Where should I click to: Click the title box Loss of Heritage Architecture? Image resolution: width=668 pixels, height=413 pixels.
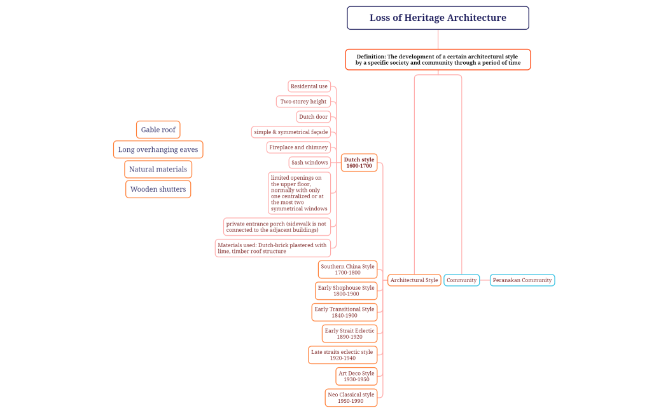tap(438, 18)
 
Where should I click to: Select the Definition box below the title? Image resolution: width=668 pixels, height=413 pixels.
tap(438, 59)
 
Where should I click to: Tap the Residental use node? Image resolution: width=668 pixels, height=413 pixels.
tap(309, 86)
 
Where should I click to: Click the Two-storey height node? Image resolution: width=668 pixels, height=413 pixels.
tap(303, 102)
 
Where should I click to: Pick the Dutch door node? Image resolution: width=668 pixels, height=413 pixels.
tap(314, 117)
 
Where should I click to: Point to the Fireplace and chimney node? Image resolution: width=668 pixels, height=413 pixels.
tap(298, 147)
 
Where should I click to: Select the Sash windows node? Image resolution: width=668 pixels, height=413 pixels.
tap(310, 163)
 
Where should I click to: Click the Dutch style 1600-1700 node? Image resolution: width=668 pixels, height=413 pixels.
tap(359, 163)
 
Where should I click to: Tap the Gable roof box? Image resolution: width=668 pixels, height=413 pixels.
tap(158, 130)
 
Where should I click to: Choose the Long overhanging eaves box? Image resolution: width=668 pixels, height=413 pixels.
tap(158, 150)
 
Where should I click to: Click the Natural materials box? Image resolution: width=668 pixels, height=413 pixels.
tap(158, 170)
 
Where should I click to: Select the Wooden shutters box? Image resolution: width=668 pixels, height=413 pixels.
tap(158, 189)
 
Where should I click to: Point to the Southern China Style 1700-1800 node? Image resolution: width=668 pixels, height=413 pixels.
tap(347, 269)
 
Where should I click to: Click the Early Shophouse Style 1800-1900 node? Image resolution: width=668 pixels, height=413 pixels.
tap(346, 291)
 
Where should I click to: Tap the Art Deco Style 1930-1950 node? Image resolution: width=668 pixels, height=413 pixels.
tap(356, 376)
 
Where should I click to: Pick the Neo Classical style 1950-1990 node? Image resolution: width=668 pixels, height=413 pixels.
tap(351, 398)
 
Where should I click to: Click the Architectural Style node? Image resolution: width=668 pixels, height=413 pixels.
tap(414, 280)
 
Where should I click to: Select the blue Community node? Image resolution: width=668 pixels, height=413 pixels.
tap(461, 280)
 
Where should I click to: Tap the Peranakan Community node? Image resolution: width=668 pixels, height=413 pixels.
tap(522, 280)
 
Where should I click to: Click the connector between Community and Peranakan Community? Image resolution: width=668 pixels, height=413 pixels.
tap(485, 280)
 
